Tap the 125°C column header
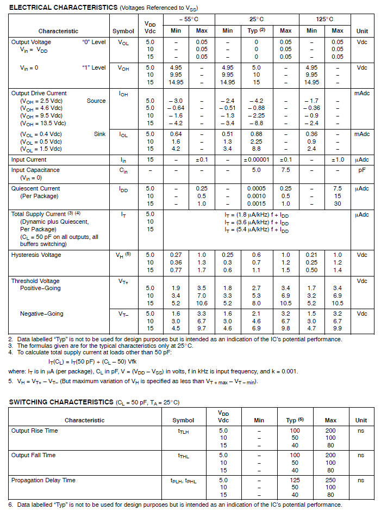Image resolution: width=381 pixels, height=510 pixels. pyautogui.click(x=324, y=19)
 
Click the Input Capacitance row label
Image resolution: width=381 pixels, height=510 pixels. pyautogui.click(x=35, y=170)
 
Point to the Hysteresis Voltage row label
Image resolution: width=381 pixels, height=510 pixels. pyautogui.click(x=36, y=255)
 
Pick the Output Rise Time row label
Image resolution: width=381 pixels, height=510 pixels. pyautogui.click(x=34, y=431)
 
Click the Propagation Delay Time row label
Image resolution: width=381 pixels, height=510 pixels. pyautogui.click(x=43, y=480)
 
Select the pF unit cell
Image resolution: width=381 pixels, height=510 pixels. pyautogui.click(x=361, y=170)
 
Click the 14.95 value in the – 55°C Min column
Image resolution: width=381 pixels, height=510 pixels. pyautogui.click(x=176, y=82)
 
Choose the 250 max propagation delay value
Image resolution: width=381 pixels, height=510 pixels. pyautogui.click(x=330, y=480)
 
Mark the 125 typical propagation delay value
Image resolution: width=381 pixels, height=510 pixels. pyautogui.click(x=295, y=480)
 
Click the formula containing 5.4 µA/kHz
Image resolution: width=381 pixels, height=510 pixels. pyautogui.click(x=257, y=230)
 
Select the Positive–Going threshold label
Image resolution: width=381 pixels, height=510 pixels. pyautogui.click(x=40, y=288)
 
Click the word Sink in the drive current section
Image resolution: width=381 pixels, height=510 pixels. pyautogui.click(x=99, y=134)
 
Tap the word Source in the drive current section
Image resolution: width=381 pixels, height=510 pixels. pyautogui.click(x=96, y=101)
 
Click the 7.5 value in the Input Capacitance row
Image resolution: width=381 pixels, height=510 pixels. pyautogui.click(x=285, y=170)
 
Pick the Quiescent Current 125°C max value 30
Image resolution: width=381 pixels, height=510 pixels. pyautogui.click(x=338, y=204)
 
